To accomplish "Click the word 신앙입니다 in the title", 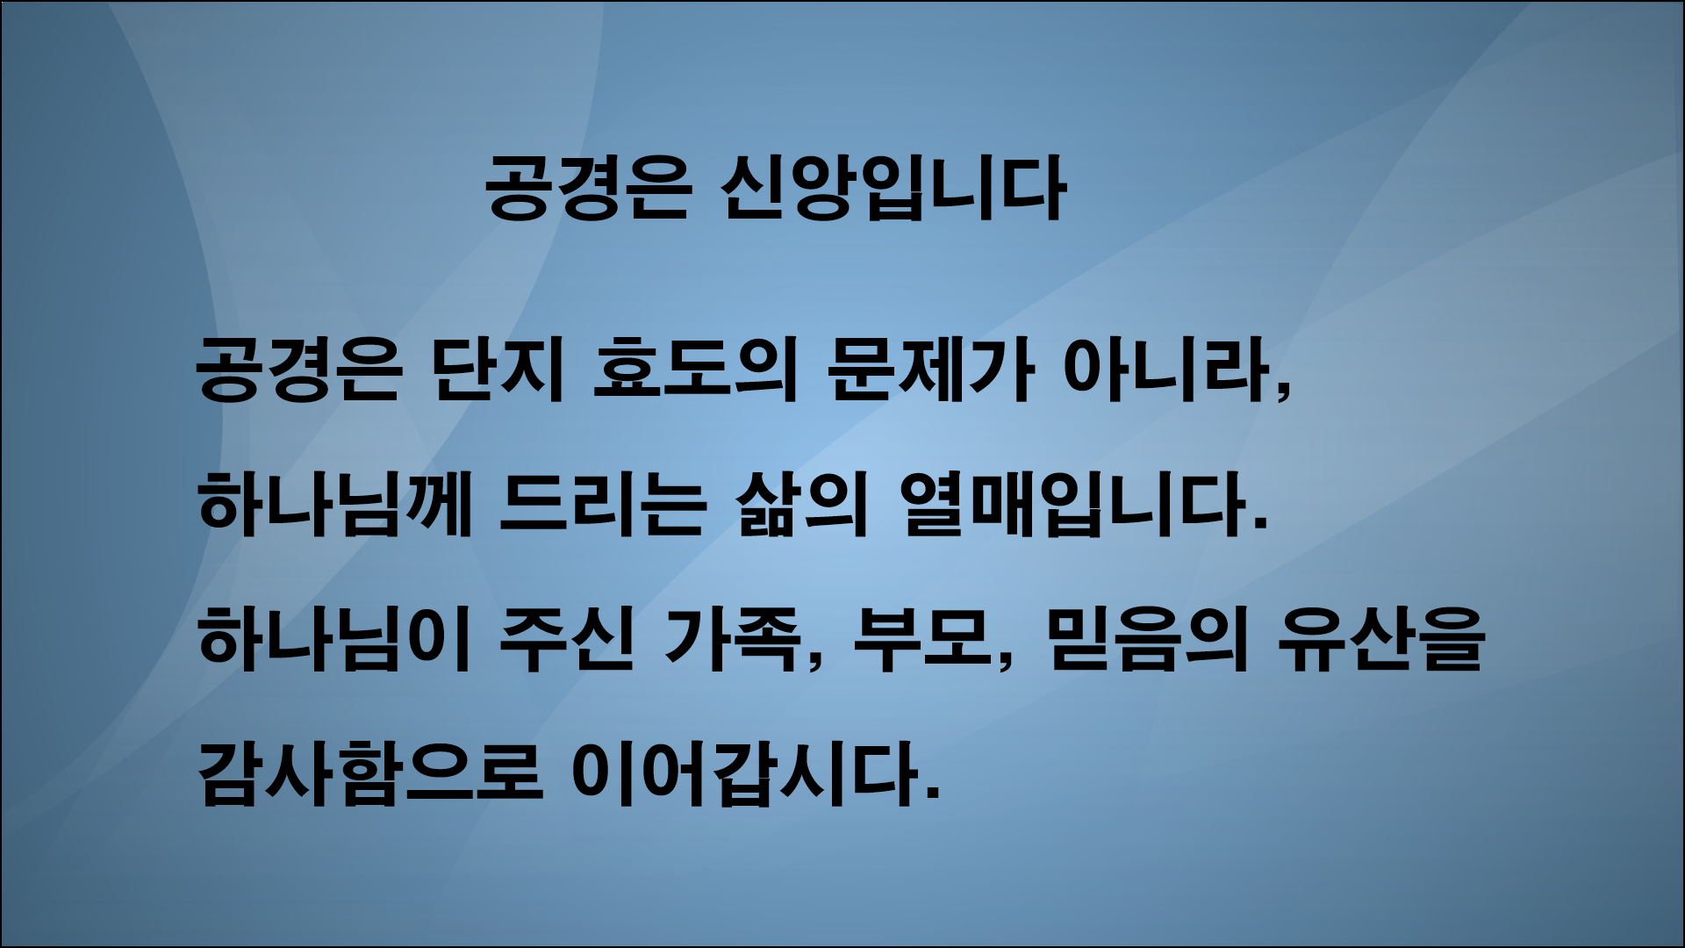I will coord(891,188).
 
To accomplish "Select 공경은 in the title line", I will coord(584,188).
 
